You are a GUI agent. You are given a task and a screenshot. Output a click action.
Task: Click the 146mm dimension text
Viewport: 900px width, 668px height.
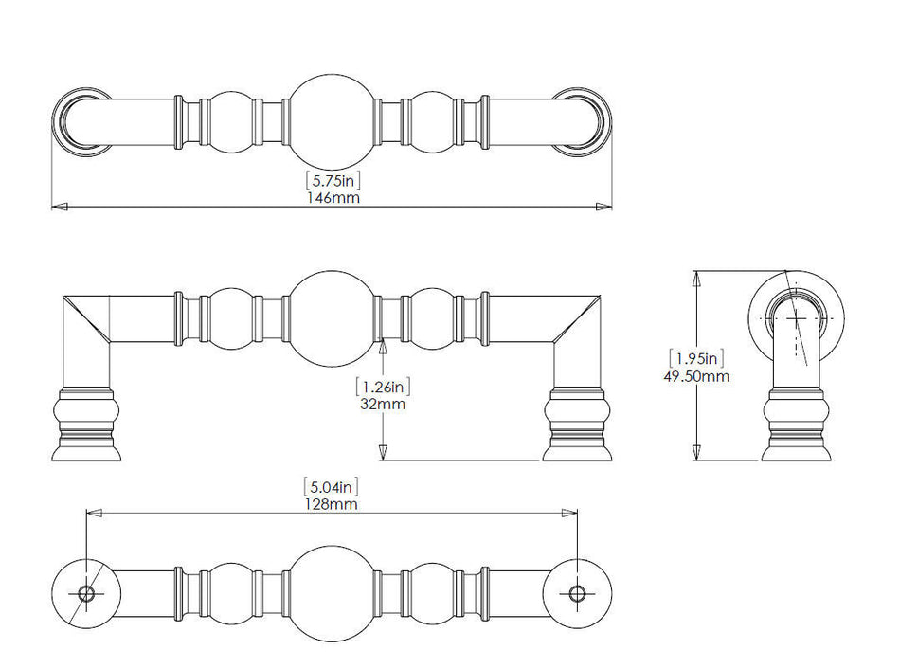pos(333,198)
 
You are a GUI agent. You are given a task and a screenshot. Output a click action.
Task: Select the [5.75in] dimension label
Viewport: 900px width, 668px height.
pos(333,180)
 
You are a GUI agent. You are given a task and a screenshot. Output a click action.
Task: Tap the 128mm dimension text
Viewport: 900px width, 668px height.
pos(332,504)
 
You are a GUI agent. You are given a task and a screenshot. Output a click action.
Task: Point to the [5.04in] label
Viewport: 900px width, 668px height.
pos(332,487)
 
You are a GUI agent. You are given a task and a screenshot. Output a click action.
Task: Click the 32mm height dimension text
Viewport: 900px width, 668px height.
pos(383,404)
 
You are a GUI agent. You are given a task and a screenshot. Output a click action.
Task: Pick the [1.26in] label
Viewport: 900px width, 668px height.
pos(383,387)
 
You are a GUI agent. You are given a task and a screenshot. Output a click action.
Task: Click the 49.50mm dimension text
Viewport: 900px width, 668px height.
pos(697,376)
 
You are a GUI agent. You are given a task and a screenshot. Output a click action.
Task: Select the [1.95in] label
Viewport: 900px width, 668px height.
pos(697,359)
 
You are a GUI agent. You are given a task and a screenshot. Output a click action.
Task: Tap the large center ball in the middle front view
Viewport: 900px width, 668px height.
pos(333,319)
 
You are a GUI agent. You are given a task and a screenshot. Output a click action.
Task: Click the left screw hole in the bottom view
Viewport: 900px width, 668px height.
pos(86,593)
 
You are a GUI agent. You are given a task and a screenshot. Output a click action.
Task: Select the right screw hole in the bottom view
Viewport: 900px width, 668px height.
pos(578,593)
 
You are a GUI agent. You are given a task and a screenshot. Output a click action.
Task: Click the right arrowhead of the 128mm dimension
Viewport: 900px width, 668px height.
pos(569,513)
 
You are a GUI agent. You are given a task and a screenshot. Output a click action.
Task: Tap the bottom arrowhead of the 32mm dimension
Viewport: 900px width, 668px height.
pos(383,452)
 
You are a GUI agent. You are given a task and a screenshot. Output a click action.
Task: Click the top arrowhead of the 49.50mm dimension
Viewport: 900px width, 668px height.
pos(697,279)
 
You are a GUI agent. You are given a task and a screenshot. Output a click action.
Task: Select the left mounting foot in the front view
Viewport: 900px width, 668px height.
pos(86,424)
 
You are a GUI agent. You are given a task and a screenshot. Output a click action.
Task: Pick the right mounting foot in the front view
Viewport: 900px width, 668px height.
pos(578,424)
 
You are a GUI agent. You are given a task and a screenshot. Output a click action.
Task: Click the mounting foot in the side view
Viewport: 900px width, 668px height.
pos(797,424)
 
